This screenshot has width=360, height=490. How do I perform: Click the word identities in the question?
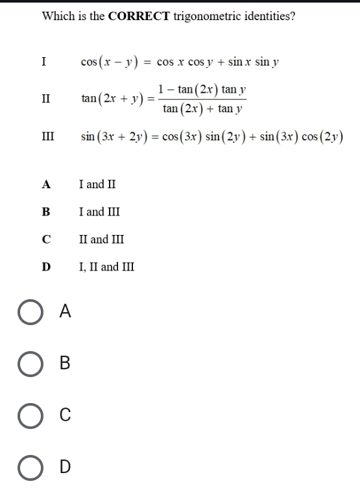point(268,16)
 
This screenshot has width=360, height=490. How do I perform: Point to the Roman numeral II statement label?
point(45,99)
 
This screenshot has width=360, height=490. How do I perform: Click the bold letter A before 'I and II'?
point(45,184)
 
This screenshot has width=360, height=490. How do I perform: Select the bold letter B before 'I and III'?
point(45,212)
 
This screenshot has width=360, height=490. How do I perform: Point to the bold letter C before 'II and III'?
point(45,239)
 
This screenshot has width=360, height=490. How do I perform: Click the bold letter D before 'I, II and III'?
point(45,267)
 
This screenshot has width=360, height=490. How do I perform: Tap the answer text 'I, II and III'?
point(106,267)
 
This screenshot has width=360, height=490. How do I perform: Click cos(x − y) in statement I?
point(107,62)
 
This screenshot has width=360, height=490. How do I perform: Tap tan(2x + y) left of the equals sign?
point(114,99)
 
